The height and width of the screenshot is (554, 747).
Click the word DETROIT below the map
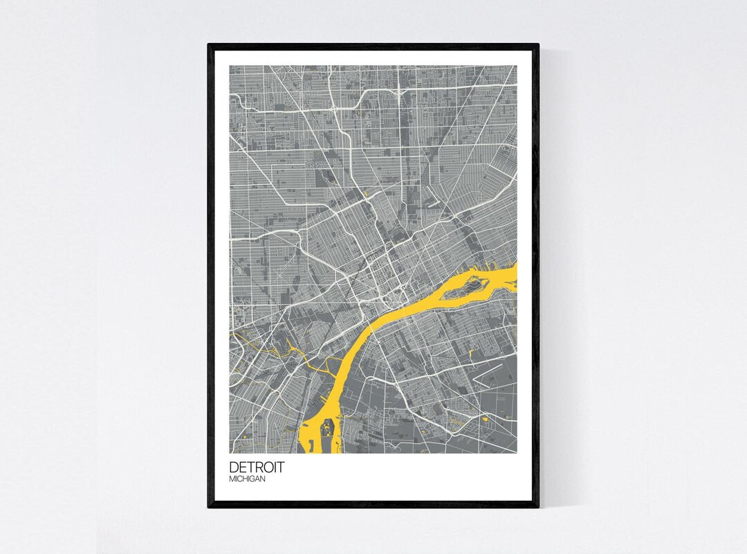[256, 467]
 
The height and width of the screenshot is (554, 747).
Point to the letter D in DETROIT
[234, 467]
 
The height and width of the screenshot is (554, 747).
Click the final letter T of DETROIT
[279, 467]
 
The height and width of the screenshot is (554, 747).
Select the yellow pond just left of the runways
[470, 355]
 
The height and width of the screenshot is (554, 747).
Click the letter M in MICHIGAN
[232, 479]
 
